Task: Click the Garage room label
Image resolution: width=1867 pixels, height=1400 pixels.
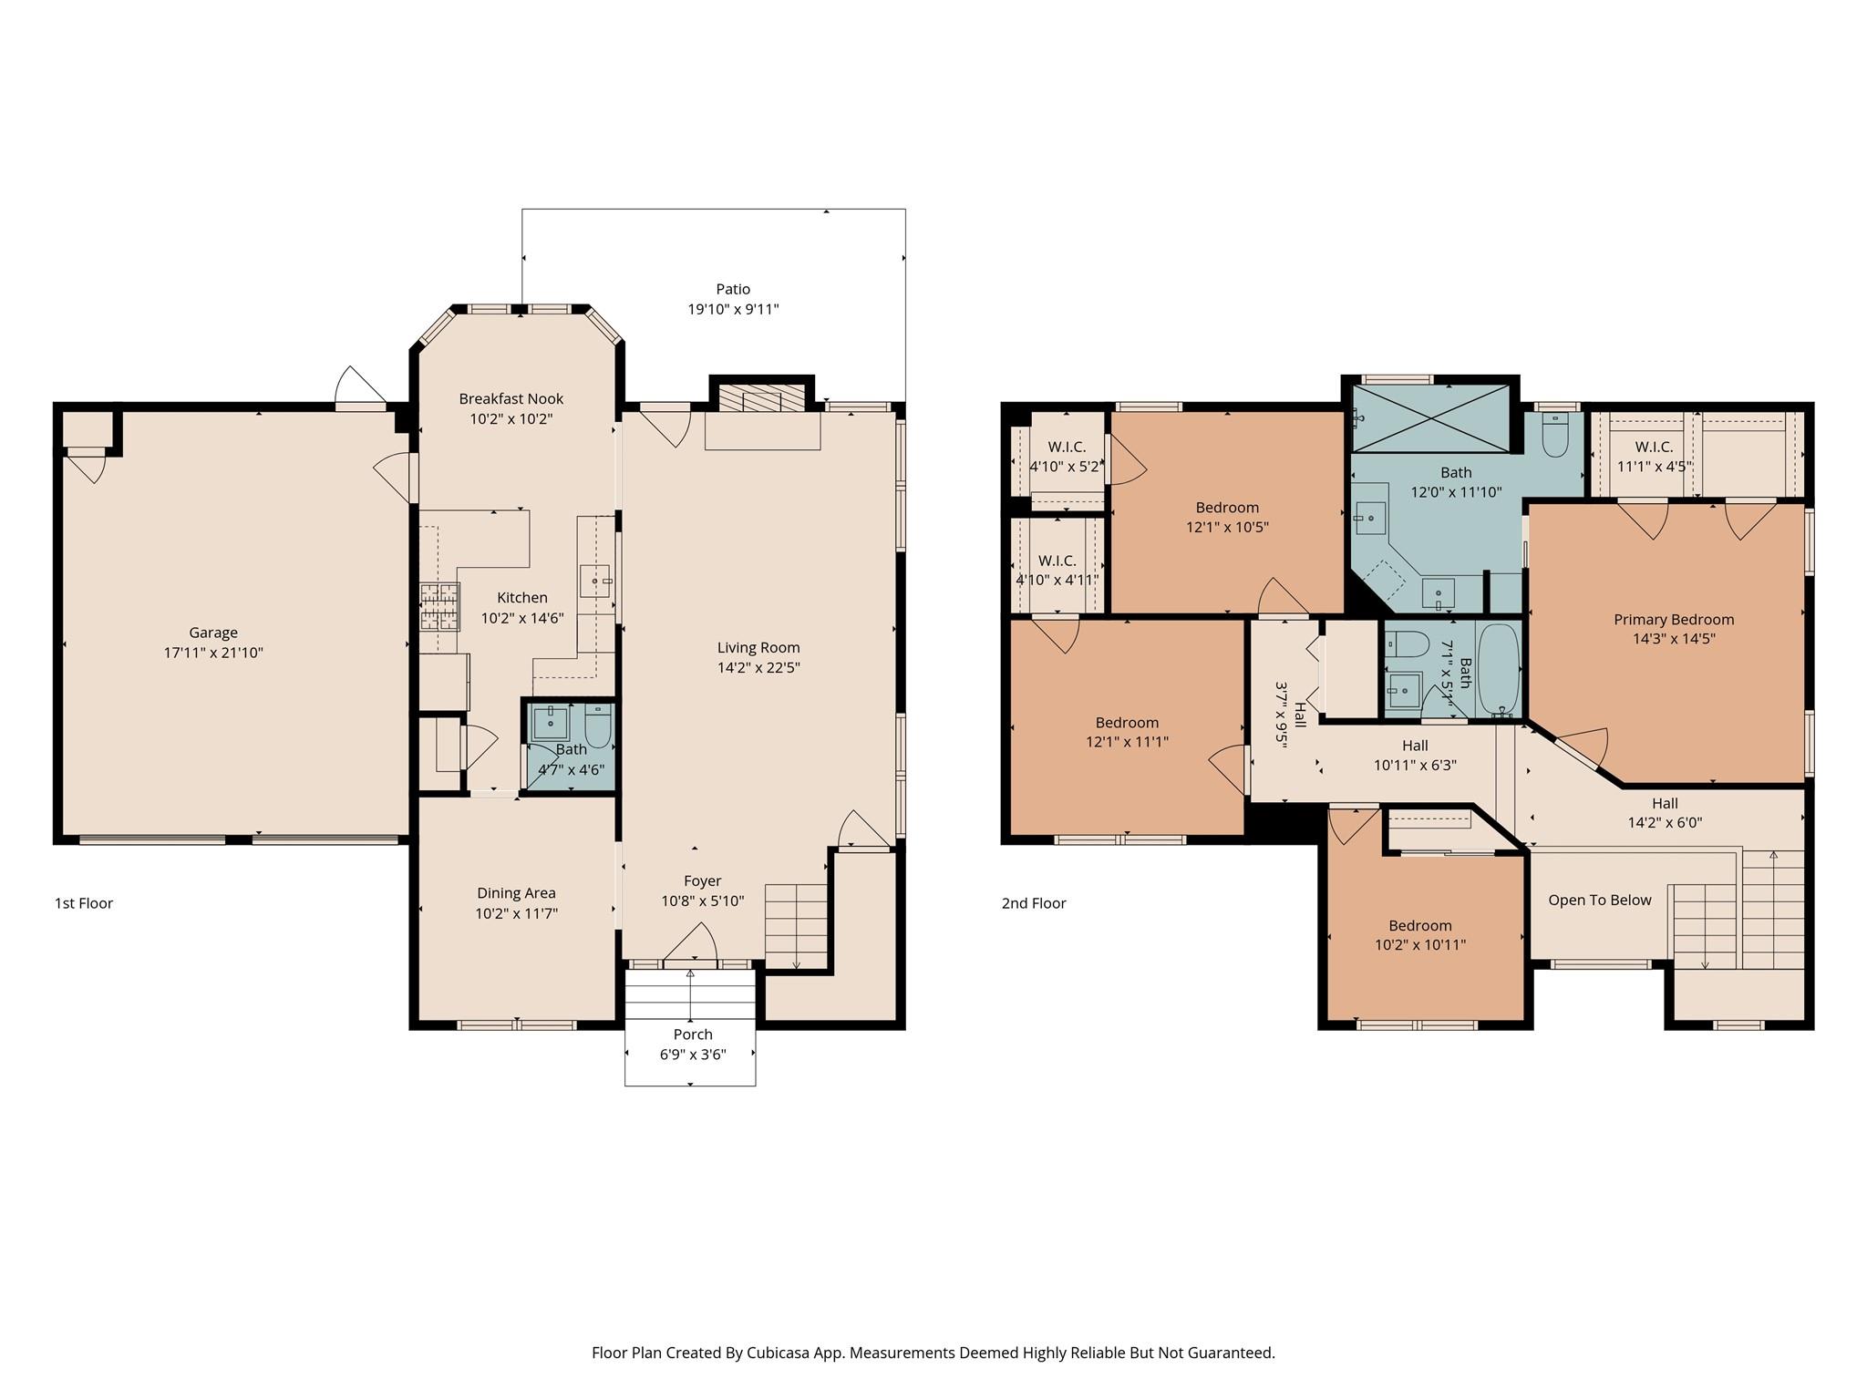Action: pyautogui.click(x=213, y=633)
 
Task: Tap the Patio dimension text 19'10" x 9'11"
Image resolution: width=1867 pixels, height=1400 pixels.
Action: pyautogui.click(x=733, y=309)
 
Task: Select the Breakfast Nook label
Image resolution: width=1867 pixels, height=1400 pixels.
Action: pyautogui.click(x=511, y=398)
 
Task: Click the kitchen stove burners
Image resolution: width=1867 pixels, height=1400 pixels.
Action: pyautogui.click(x=439, y=607)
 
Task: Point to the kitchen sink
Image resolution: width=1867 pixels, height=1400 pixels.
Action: pyautogui.click(x=594, y=581)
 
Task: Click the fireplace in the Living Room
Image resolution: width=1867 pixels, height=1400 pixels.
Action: pyautogui.click(x=761, y=398)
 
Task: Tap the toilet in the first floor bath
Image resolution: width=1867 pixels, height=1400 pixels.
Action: pyautogui.click(x=598, y=726)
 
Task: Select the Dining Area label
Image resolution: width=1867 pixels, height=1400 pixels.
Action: pyautogui.click(x=516, y=893)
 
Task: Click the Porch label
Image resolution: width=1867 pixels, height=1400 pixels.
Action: pyautogui.click(x=693, y=1035)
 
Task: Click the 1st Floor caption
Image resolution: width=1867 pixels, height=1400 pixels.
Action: pyautogui.click(x=84, y=903)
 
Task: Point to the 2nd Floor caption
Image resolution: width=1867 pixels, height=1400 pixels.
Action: pyautogui.click(x=1034, y=903)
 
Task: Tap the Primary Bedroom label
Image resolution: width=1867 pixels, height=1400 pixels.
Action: pyautogui.click(x=1674, y=620)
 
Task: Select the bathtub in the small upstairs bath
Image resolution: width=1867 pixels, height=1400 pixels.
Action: pyautogui.click(x=1499, y=670)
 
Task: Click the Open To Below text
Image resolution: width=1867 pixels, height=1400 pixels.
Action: pyautogui.click(x=1600, y=901)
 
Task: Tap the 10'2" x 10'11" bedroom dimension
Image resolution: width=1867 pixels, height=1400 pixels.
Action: pyautogui.click(x=1420, y=945)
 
